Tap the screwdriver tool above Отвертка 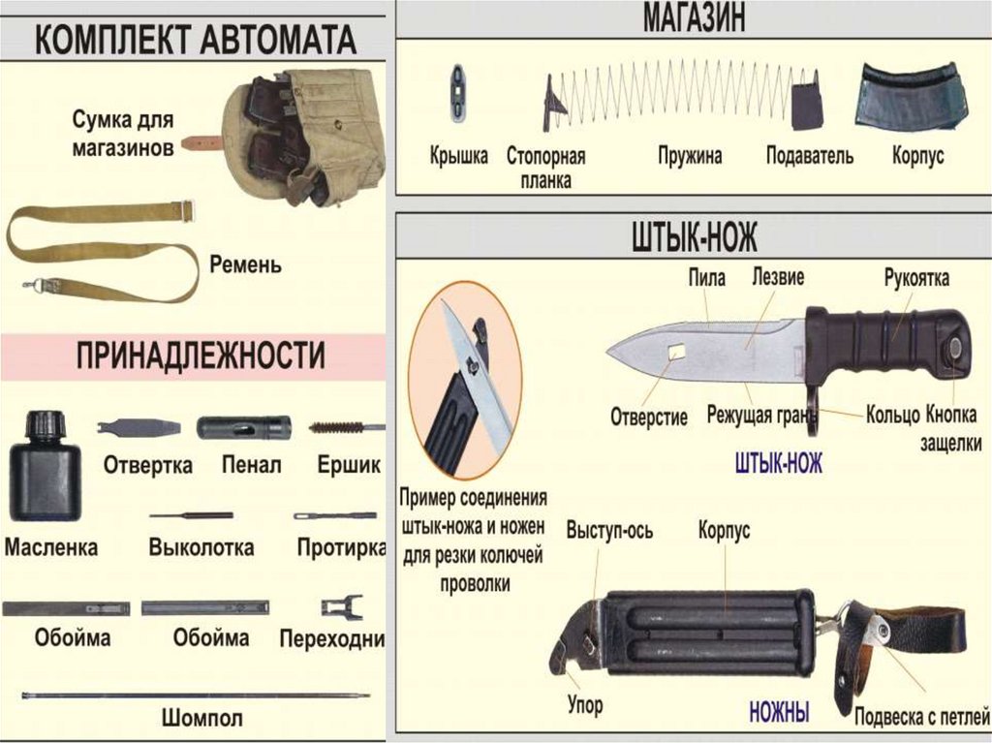[139, 427]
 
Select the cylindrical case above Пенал [243, 427]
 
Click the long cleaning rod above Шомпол [194, 695]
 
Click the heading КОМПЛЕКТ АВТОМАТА [196, 40]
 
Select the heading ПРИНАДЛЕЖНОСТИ [201, 356]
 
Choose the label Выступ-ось [609, 531]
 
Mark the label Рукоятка [916, 279]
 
